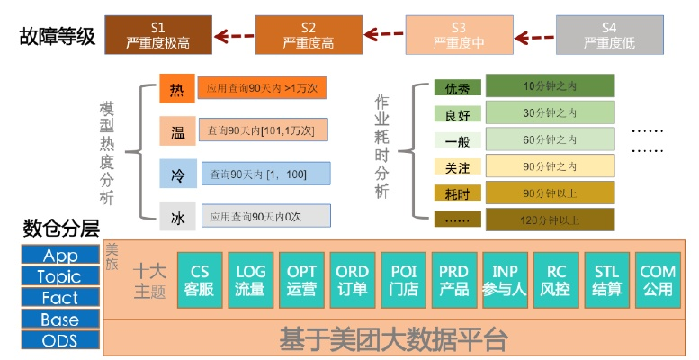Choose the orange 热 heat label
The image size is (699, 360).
[x=175, y=89]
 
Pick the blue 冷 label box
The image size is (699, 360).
[x=176, y=174]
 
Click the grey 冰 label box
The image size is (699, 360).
[x=176, y=216]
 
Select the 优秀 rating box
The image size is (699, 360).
[x=457, y=88]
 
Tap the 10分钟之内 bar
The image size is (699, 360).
[x=550, y=87]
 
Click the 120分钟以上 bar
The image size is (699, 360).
[x=550, y=220]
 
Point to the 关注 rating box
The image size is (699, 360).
[x=457, y=166]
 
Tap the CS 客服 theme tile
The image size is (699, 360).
[x=200, y=280]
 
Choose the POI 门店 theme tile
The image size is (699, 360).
[x=402, y=280]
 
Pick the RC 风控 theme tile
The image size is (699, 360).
[x=556, y=280]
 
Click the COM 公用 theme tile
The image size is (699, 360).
[x=658, y=280]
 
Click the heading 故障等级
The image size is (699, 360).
[x=57, y=37]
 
